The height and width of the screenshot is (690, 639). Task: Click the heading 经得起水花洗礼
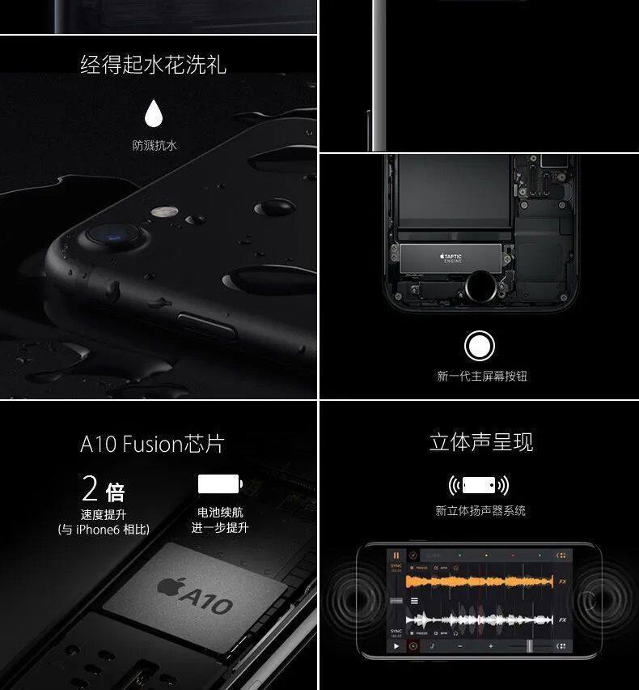click(153, 64)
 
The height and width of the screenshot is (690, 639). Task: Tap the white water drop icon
click(153, 114)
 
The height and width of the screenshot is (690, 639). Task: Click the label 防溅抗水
click(154, 146)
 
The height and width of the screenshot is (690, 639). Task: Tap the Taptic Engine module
click(452, 258)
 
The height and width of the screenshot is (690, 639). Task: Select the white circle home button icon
click(480, 346)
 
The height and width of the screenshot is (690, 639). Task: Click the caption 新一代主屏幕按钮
click(481, 376)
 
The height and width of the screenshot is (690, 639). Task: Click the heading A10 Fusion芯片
click(152, 444)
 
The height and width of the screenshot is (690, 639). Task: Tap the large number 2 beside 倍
click(91, 489)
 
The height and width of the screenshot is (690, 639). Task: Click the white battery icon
click(219, 484)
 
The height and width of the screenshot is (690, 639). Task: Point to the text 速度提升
click(104, 514)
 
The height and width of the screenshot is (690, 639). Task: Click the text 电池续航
click(220, 513)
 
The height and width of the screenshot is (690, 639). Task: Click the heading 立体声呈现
click(480, 443)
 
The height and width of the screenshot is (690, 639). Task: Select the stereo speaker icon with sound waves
click(479, 485)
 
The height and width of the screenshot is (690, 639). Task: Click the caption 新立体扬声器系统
click(480, 511)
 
